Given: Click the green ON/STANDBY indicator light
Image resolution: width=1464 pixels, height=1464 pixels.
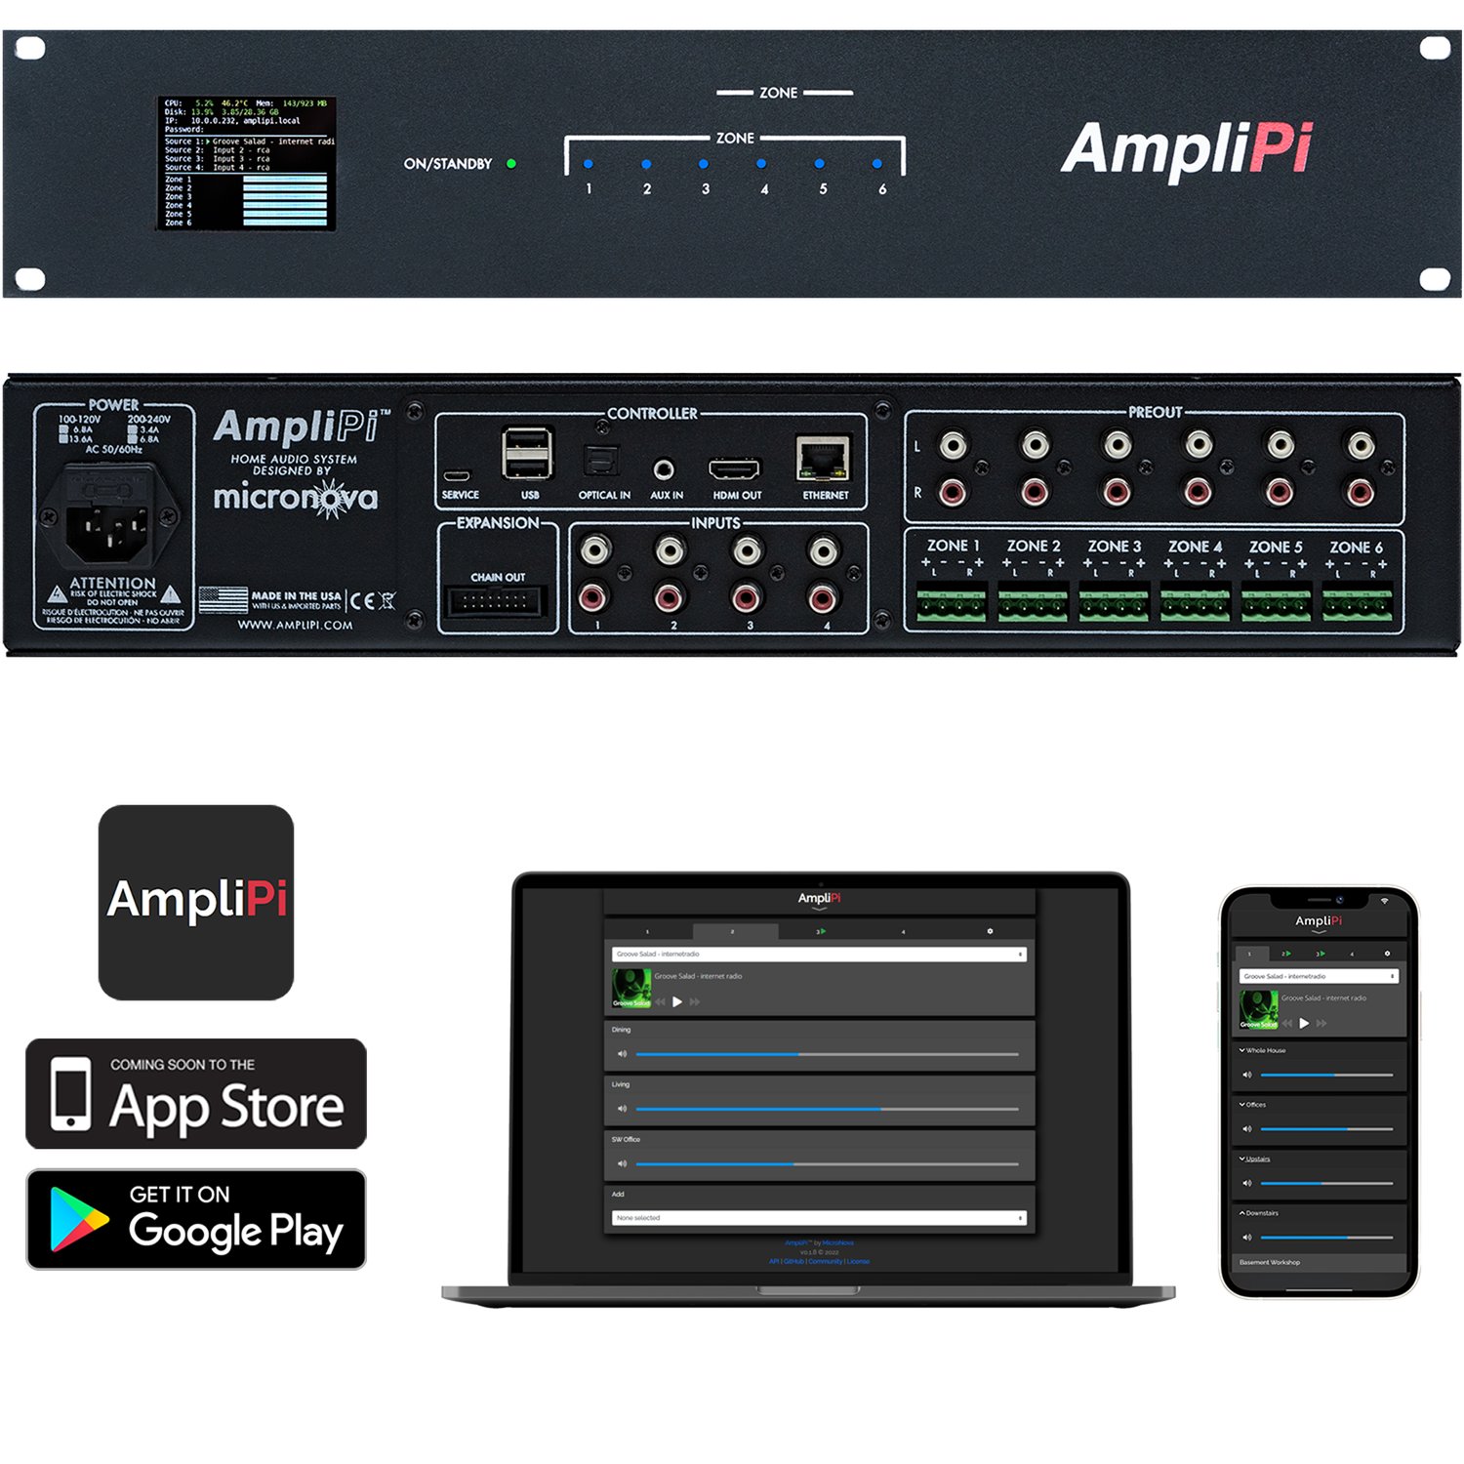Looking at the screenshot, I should tap(511, 164).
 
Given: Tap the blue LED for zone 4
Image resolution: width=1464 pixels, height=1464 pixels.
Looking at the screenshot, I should tap(761, 164).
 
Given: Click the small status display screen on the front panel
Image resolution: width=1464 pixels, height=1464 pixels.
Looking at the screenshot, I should tap(247, 163).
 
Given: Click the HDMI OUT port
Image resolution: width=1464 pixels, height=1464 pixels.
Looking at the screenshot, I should tap(734, 470).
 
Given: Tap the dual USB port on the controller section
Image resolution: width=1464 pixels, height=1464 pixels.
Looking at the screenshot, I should tap(527, 454).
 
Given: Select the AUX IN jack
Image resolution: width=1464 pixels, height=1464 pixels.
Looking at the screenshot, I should tap(665, 469).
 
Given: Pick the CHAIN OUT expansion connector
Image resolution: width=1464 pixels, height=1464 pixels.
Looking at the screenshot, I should tap(496, 601).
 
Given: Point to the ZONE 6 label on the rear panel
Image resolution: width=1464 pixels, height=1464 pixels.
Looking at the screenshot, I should tap(1356, 548).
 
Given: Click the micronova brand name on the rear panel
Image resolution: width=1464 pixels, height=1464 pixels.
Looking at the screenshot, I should tap(296, 498).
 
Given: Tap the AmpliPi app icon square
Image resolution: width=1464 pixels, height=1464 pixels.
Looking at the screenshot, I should tap(196, 902).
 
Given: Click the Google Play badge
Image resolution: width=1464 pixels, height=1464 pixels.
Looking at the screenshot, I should tap(196, 1219).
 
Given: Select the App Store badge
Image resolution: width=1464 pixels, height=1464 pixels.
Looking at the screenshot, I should tap(196, 1093).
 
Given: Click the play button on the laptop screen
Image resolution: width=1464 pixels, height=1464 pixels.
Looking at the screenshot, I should tap(677, 1001).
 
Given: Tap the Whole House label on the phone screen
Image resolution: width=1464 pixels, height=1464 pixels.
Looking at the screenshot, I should tap(1266, 1050).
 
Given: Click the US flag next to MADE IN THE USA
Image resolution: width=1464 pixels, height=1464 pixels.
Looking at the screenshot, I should tap(224, 599).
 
